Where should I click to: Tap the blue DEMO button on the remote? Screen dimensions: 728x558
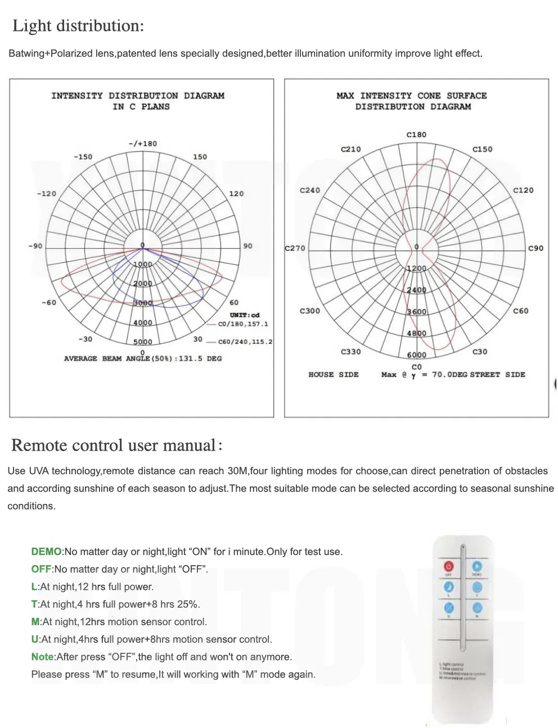pos(477,566)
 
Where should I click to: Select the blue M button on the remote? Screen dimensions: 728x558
pos(477,608)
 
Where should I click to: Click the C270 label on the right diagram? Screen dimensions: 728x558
pos(295,248)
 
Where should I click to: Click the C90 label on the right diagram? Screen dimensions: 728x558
pos(535,248)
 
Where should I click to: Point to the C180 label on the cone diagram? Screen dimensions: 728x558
pos(416,135)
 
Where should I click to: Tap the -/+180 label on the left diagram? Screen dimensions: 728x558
pos(143,144)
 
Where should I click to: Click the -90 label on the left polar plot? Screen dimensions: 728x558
pos(35,246)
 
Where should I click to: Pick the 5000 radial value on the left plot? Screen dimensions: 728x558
pos(142,342)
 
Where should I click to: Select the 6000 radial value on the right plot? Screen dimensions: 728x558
pos(416,354)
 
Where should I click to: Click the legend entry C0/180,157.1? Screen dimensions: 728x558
pos(243,324)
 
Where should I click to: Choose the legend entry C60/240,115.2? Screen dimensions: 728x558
pos(245,342)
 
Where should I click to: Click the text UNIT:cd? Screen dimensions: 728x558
pos(245,315)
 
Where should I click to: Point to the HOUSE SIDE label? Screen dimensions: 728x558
pos(333,375)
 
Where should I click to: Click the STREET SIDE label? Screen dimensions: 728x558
pos(498,375)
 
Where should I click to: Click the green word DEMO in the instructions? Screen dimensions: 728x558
pos(46,552)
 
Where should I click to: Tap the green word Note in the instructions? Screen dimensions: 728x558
pos(42,657)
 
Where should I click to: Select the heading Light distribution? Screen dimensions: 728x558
pos(78,26)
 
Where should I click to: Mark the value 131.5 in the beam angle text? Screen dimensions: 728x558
pos(190,358)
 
